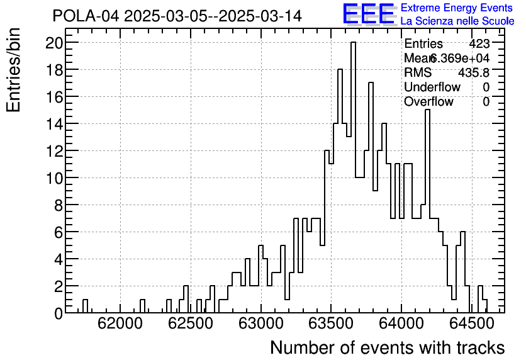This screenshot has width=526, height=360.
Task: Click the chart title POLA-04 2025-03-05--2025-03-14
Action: coord(177,16)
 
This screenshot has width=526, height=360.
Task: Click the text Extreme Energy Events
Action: coord(456,8)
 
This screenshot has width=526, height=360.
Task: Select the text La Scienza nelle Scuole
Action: coord(457,21)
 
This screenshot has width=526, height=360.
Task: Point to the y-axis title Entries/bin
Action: coord(14,70)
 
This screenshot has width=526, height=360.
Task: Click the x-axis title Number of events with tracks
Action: coord(387,347)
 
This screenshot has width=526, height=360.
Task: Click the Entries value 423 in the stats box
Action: coord(479,44)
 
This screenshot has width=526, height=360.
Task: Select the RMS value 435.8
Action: coord(474,72)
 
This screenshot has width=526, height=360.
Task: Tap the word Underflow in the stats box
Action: coord(432,87)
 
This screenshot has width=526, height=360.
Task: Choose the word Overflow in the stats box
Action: coord(428,101)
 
